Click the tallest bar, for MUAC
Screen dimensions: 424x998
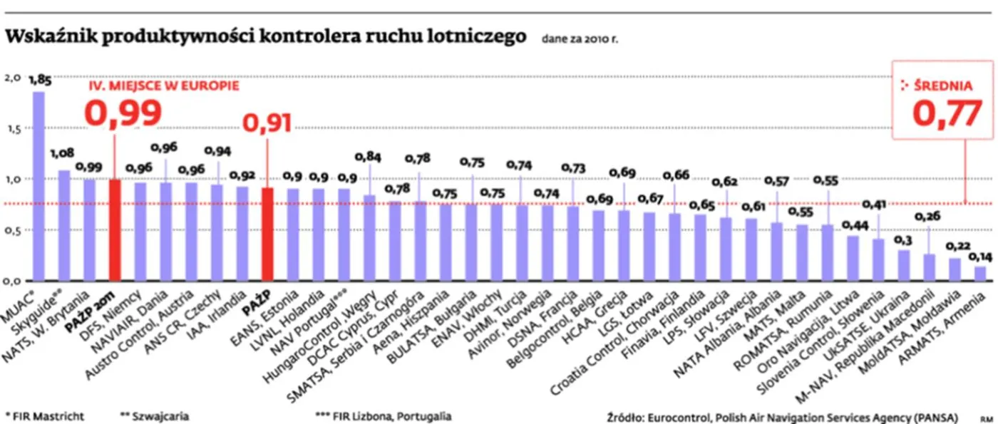tap(38, 185)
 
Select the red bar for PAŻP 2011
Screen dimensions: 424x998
tap(114, 229)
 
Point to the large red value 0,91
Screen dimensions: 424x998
tap(267, 123)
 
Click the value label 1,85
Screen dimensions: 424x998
tap(38, 80)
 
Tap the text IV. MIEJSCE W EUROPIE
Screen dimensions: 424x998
tap(163, 85)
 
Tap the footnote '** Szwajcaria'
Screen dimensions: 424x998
tap(155, 415)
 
